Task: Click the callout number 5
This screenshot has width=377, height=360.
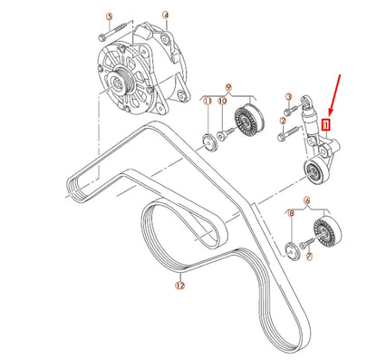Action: [110, 17]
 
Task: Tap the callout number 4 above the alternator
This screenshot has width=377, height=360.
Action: [165, 15]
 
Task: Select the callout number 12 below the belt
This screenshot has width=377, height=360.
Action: [179, 285]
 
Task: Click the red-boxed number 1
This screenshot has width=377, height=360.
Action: [329, 116]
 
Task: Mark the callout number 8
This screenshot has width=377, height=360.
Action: [291, 214]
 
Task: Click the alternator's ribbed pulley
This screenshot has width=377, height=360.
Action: [119, 87]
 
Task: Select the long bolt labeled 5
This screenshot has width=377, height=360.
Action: [105, 35]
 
